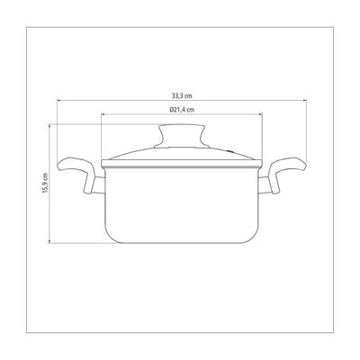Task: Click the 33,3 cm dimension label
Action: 182,96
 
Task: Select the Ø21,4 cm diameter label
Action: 182,110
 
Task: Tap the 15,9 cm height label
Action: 45,183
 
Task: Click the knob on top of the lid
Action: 182,137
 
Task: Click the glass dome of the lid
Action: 182,153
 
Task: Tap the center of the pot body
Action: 182,204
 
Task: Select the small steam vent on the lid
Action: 229,151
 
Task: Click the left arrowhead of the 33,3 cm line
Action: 58,101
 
